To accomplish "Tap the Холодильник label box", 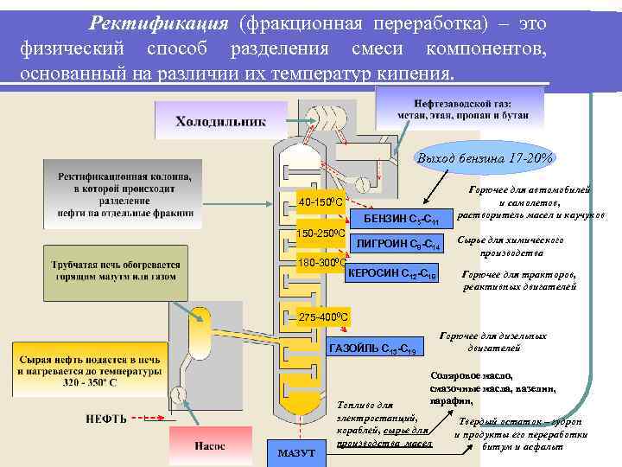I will click(220, 121).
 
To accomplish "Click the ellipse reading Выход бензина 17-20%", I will click(485, 158).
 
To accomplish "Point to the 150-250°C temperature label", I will click(321, 233).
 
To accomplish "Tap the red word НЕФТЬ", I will click(106, 419).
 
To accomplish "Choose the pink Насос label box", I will click(207, 446).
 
